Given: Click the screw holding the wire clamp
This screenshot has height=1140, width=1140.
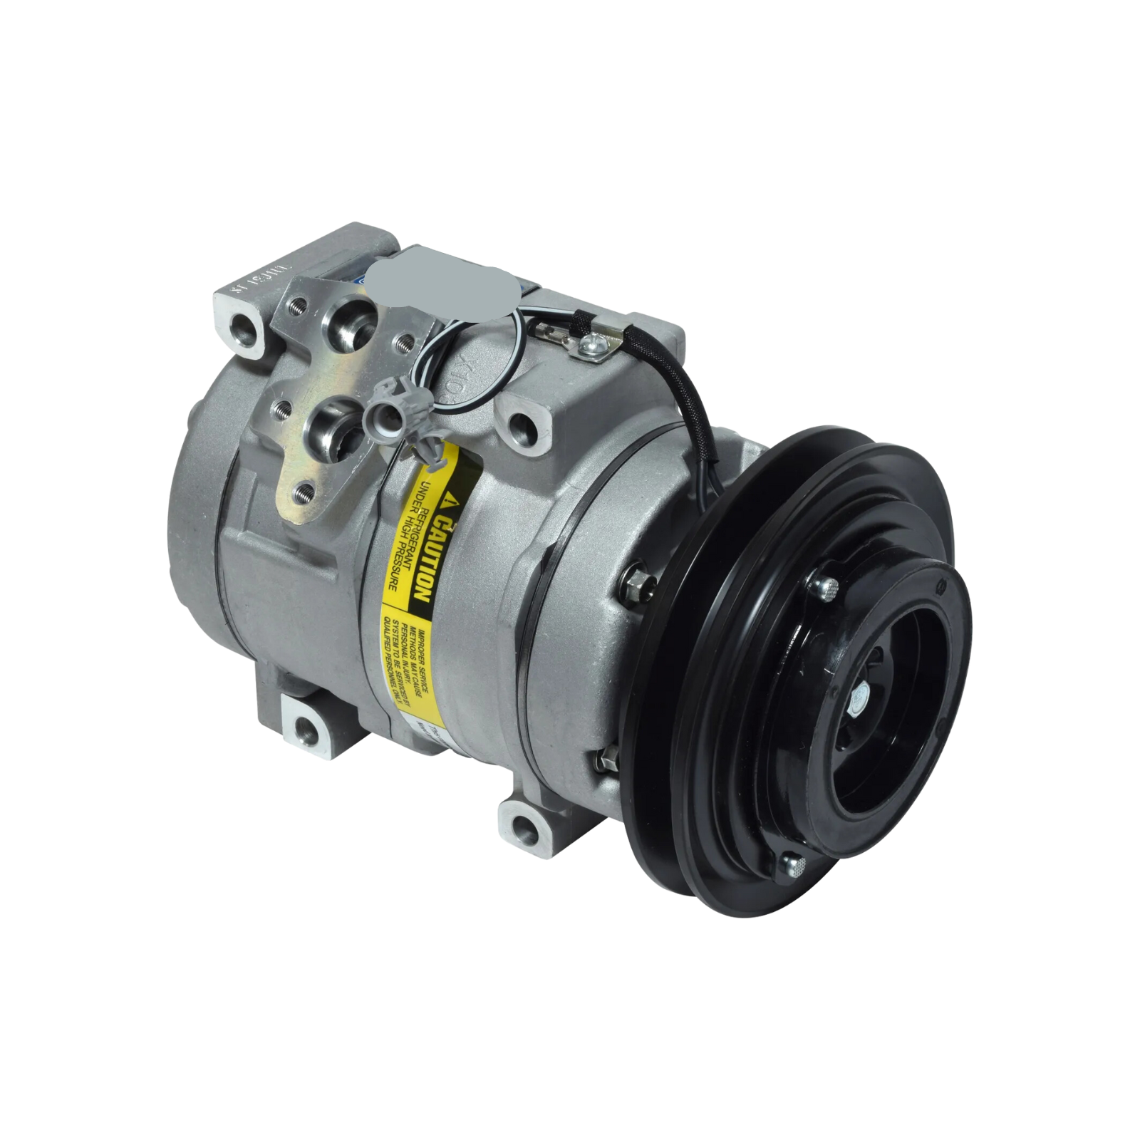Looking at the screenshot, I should click(589, 346).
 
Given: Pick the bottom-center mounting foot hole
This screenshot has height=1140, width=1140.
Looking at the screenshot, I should click(525, 827).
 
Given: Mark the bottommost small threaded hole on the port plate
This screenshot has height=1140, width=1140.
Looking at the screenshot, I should click(304, 492).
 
